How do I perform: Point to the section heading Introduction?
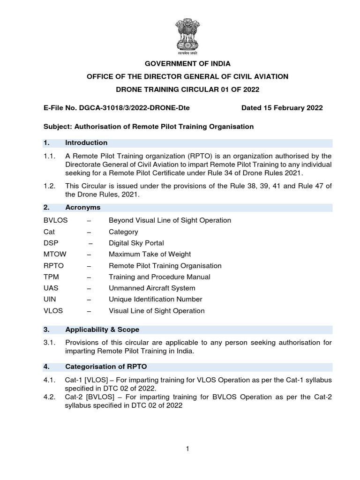click(86, 142)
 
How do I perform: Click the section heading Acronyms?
click(82, 207)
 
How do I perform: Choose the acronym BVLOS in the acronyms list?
click(53, 220)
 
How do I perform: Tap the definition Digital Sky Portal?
click(136, 243)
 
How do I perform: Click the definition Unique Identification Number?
click(156, 299)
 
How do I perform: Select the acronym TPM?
click(50, 277)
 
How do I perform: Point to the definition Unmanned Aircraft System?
click(152, 288)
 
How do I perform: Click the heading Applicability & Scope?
click(102, 330)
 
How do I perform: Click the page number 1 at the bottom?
click(187, 449)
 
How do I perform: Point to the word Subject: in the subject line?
click(56, 127)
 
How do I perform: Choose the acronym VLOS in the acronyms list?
click(52, 310)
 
